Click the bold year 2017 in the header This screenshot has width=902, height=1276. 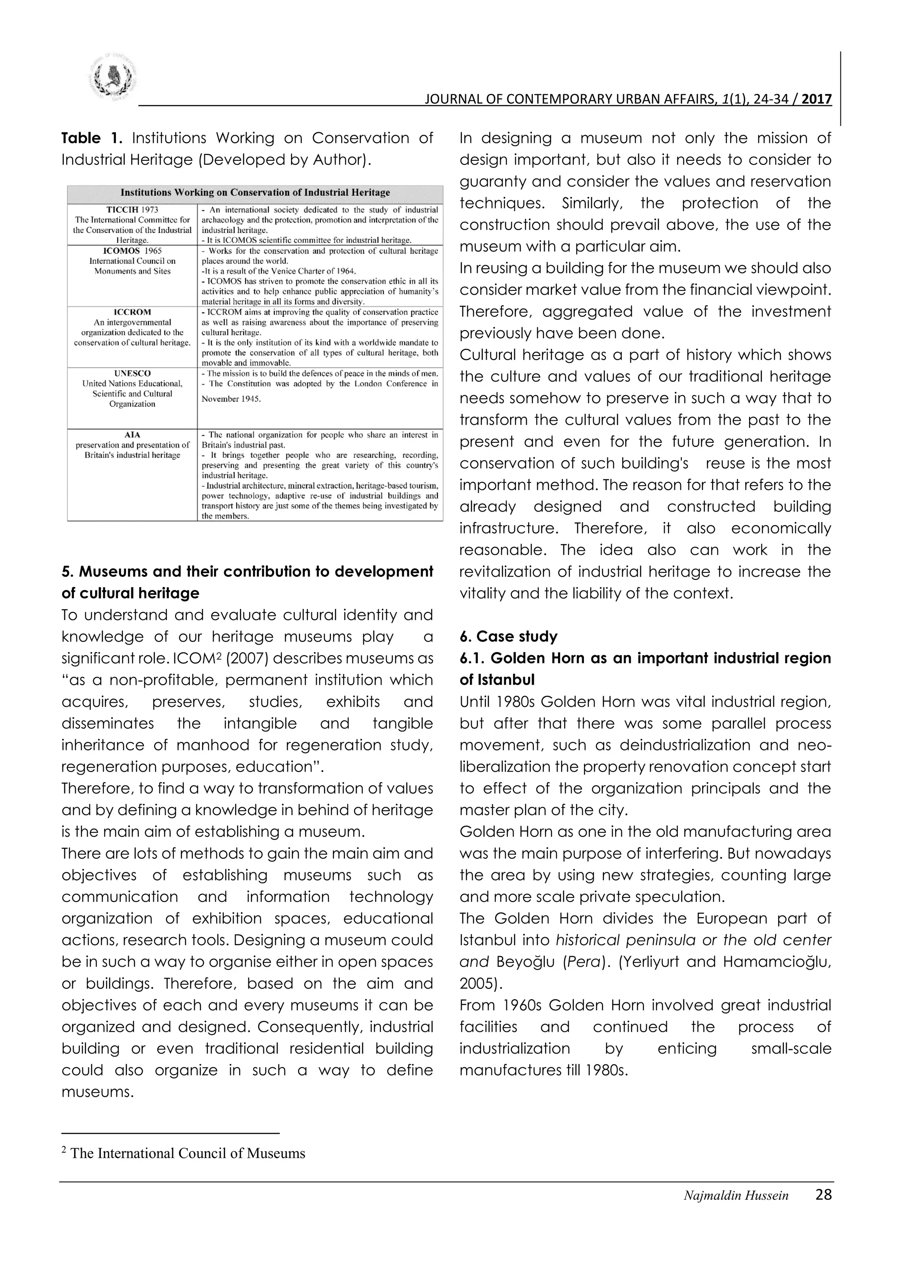(x=817, y=100)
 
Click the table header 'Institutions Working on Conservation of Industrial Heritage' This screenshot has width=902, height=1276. (x=255, y=193)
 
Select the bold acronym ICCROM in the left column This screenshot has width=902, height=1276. (x=132, y=312)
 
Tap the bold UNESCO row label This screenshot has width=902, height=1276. (x=132, y=374)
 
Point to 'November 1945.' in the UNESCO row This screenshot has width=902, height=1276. (x=231, y=399)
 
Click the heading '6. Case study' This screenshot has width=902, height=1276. (x=508, y=636)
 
